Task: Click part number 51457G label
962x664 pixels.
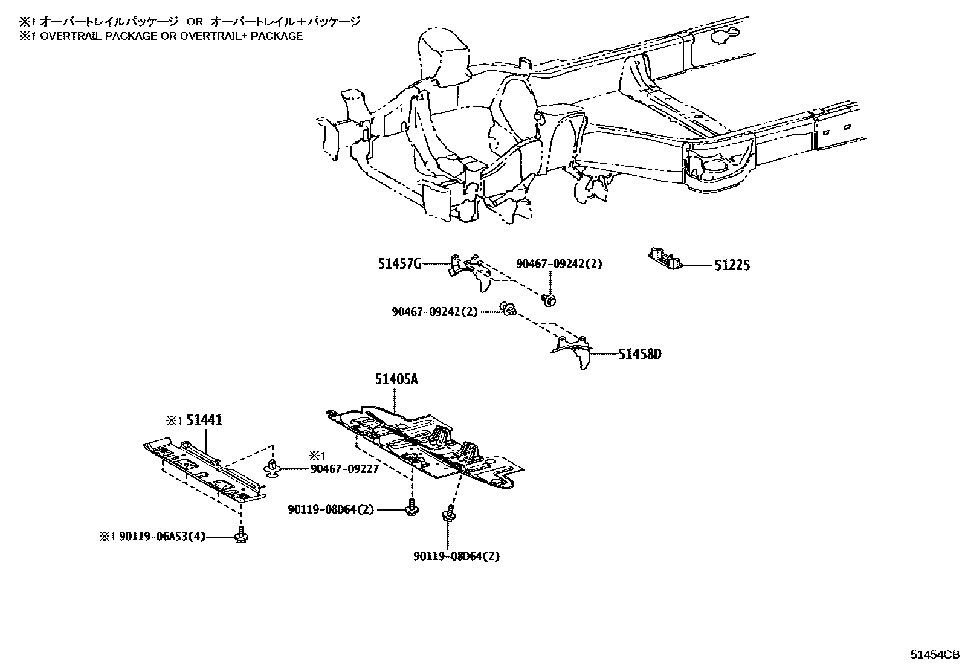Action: coord(399,263)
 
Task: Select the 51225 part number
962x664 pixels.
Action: coord(732,265)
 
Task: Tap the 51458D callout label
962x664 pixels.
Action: coord(639,353)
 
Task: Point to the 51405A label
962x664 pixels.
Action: coord(396,379)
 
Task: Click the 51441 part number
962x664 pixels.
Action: coord(204,419)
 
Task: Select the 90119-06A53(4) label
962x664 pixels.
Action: coord(163,536)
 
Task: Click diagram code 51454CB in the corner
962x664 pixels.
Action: coord(935,654)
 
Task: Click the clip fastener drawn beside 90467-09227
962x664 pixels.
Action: coord(272,468)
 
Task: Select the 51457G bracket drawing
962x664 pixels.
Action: coord(473,273)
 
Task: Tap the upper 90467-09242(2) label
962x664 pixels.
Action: coord(559,264)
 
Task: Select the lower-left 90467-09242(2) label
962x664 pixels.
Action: coord(434,312)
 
